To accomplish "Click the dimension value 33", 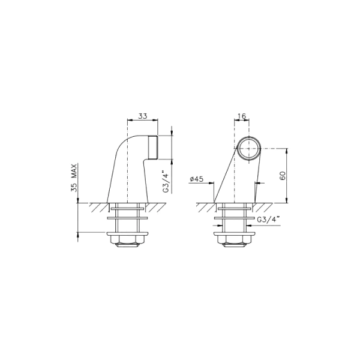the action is (x=143, y=116).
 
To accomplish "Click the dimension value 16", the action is (x=242, y=116).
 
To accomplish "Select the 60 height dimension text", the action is (x=283, y=176).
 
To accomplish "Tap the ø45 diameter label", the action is (x=197, y=179).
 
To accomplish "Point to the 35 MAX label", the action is (x=74, y=178).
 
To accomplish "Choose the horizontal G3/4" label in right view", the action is (x=268, y=220).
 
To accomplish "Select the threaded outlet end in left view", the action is (x=153, y=148).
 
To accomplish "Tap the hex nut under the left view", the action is (x=128, y=242).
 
